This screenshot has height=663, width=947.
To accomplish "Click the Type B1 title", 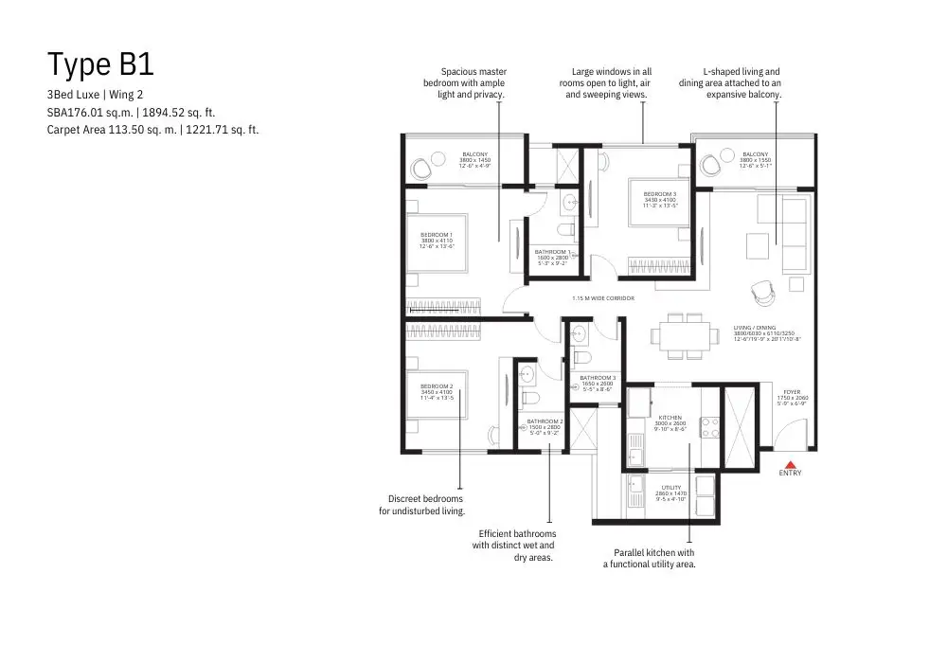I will [x=100, y=64].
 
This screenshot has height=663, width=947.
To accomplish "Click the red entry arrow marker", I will [x=790, y=462].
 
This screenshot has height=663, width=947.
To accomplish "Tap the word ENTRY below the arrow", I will [x=790, y=473].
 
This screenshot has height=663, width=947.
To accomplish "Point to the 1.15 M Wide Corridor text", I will [x=602, y=298].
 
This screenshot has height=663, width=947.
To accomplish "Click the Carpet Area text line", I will [x=153, y=130].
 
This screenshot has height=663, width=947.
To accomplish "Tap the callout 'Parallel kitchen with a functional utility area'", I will [x=650, y=558].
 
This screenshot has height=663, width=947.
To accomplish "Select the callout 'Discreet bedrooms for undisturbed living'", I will [x=422, y=505].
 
